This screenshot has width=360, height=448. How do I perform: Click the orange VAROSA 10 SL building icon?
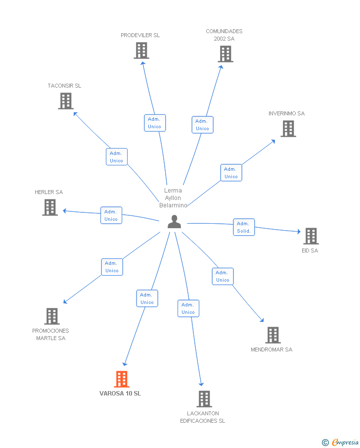click(x=122, y=379)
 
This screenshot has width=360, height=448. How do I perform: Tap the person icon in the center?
click(x=174, y=222)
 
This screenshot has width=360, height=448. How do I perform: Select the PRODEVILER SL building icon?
click(x=141, y=50)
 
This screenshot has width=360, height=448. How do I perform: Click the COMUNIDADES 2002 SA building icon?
click(x=225, y=54)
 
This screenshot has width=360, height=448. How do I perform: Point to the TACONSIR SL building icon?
click(x=66, y=101)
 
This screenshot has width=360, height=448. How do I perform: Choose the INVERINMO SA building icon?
click(x=288, y=129)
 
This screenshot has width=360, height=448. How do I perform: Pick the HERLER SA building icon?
click(x=50, y=207)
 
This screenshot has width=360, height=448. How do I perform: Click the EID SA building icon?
click(x=311, y=236)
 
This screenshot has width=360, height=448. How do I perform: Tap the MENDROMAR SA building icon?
click(x=273, y=335)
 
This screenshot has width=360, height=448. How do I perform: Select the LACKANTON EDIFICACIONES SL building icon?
click(x=204, y=398)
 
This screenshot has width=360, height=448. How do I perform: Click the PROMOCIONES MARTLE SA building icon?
click(x=52, y=316)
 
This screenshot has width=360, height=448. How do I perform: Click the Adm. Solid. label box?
click(x=244, y=227)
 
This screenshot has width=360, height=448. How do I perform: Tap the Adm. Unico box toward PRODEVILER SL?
click(x=155, y=123)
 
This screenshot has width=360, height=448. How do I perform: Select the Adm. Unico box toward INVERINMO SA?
click(x=231, y=173)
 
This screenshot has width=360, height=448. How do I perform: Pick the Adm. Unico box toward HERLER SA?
click(x=111, y=215)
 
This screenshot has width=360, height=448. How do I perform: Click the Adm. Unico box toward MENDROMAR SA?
click(x=223, y=276)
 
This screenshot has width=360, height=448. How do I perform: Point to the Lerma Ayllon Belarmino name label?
click(x=173, y=198)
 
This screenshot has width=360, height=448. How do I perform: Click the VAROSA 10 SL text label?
click(x=120, y=394)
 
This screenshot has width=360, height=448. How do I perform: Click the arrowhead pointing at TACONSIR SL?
click(x=75, y=113)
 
